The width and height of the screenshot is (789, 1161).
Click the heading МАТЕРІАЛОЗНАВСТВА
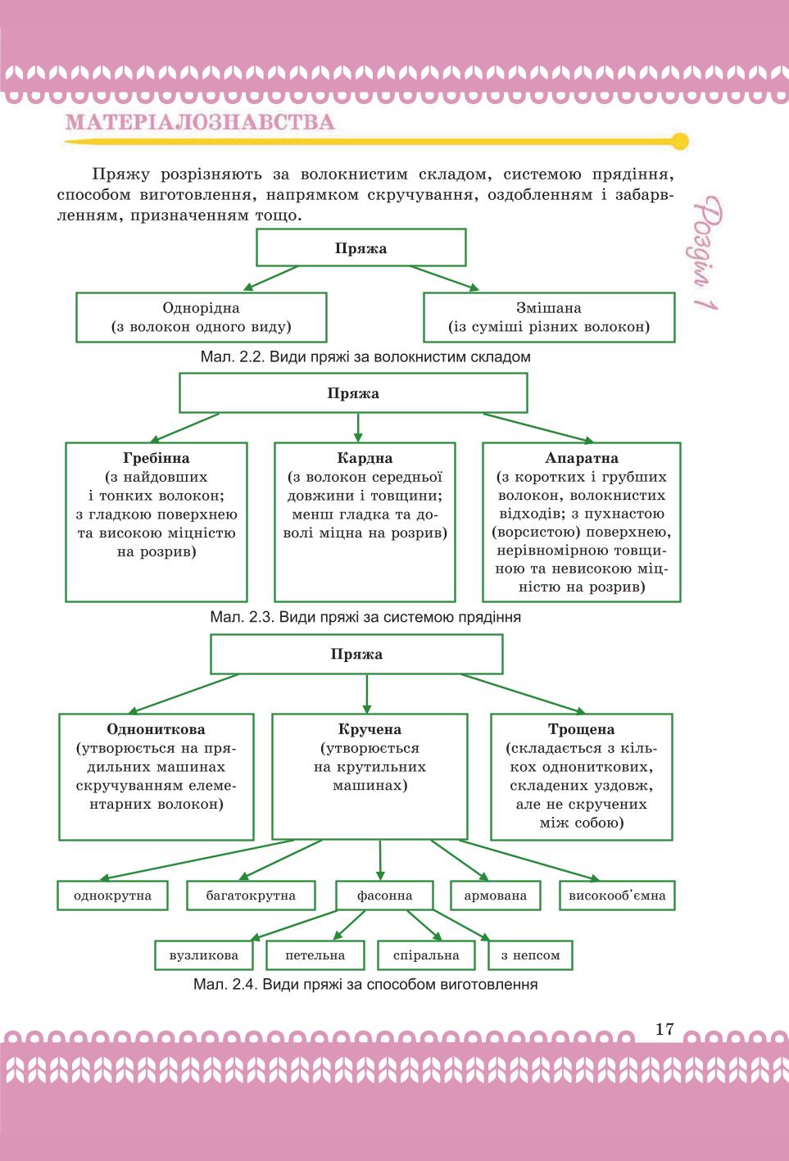point(200,122)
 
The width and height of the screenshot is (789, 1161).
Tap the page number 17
point(664,1029)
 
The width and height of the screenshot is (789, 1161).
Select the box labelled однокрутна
point(112,895)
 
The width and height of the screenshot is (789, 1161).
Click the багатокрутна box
point(251,895)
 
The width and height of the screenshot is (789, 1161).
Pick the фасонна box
point(384,895)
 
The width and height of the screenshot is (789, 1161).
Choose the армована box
point(496,895)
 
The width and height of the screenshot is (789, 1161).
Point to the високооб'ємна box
point(617,895)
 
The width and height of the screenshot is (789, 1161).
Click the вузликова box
point(204,955)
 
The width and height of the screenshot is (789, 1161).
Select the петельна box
point(315,955)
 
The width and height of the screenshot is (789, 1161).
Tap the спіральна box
point(426,955)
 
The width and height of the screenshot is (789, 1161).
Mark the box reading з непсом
point(530,955)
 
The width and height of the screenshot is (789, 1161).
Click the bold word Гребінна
point(156,458)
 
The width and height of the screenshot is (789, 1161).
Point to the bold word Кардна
point(365,458)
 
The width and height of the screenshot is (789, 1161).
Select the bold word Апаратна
point(582,458)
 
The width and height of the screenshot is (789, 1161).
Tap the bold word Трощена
point(582,729)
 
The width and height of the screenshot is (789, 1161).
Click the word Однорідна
point(201,308)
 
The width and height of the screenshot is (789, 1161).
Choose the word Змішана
point(549,308)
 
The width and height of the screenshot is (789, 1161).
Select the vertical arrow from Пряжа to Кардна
point(358,428)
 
